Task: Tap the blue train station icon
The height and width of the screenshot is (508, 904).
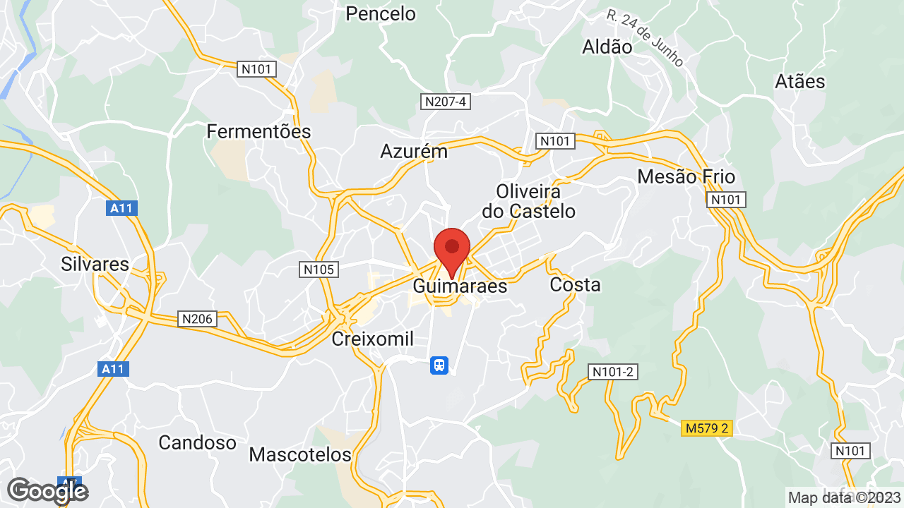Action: click(x=439, y=365)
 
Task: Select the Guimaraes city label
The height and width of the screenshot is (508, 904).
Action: click(x=460, y=286)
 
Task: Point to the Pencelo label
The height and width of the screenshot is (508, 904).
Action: click(x=381, y=13)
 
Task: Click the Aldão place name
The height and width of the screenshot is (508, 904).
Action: click(x=607, y=47)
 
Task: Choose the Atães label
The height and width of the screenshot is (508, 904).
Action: click(x=799, y=82)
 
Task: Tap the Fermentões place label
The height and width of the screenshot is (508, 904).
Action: click(x=258, y=132)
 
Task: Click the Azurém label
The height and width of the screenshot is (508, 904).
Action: click(x=414, y=152)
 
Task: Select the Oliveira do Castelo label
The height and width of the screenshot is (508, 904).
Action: click(x=528, y=201)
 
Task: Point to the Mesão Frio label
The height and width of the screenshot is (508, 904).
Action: click(x=686, y=176)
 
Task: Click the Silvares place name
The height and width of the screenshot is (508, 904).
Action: click(x=95, y=265)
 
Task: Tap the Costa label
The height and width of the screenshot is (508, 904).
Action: click(x=575, y=285)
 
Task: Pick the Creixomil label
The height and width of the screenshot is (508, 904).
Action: click(x=373, y=339)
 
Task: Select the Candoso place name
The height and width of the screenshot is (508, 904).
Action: click(x=197, y=443)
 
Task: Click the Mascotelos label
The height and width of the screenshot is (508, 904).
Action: click(x=300, y=454)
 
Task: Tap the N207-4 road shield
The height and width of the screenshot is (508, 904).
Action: click(x=446, y=102)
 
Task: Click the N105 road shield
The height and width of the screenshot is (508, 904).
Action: click(x=319, y=269)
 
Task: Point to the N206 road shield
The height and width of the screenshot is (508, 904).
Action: click(x=197, y=319)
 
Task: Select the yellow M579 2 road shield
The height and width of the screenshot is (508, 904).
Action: click(x=706, y=428)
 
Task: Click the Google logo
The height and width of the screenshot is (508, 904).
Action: click(x=47, y=490)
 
